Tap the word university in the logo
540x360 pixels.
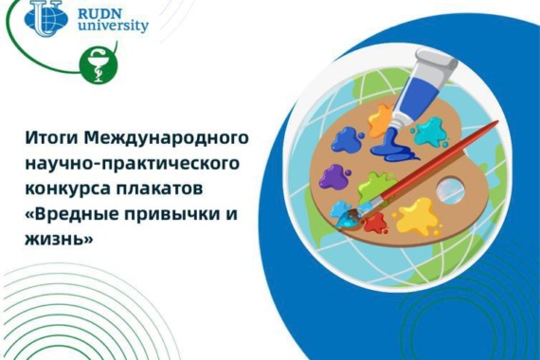pos(113,27)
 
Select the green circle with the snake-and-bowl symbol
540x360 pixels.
pos(99,65)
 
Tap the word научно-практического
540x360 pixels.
pos(133,164)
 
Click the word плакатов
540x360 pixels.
pos(159,189)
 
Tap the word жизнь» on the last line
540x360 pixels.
pos(59,239)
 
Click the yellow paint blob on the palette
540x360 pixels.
pos(418,216)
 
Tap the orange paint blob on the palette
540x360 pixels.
pos(380,119)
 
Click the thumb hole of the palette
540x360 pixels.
pos(450,189)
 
